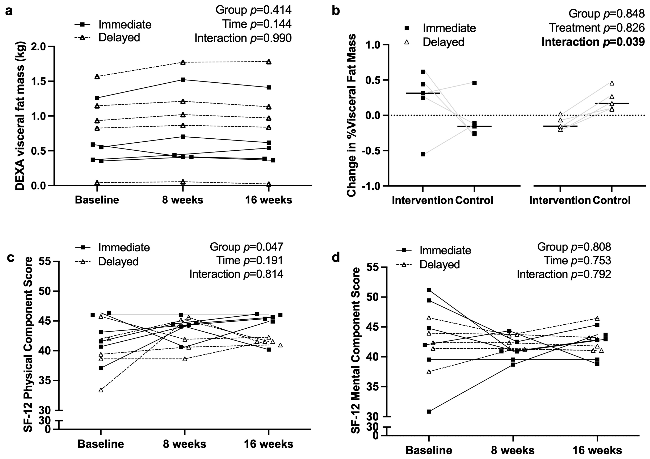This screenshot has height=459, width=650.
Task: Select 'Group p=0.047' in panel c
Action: coord(246,247)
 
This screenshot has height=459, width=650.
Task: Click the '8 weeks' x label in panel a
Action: coord(183,200)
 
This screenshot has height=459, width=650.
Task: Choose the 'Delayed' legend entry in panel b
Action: coord(443,42)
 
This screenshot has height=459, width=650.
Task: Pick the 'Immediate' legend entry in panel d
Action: coord(445,250)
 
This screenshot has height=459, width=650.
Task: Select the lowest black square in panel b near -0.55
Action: coord(423,154)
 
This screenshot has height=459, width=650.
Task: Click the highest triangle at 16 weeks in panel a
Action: coord(269,62)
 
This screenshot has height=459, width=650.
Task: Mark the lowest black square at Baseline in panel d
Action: coord(429,411)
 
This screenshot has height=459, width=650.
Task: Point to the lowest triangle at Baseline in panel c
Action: coord(101,390)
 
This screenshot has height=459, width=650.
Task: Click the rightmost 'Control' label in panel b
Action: coord(611,200)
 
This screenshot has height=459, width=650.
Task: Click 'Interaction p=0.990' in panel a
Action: coord(243,38)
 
